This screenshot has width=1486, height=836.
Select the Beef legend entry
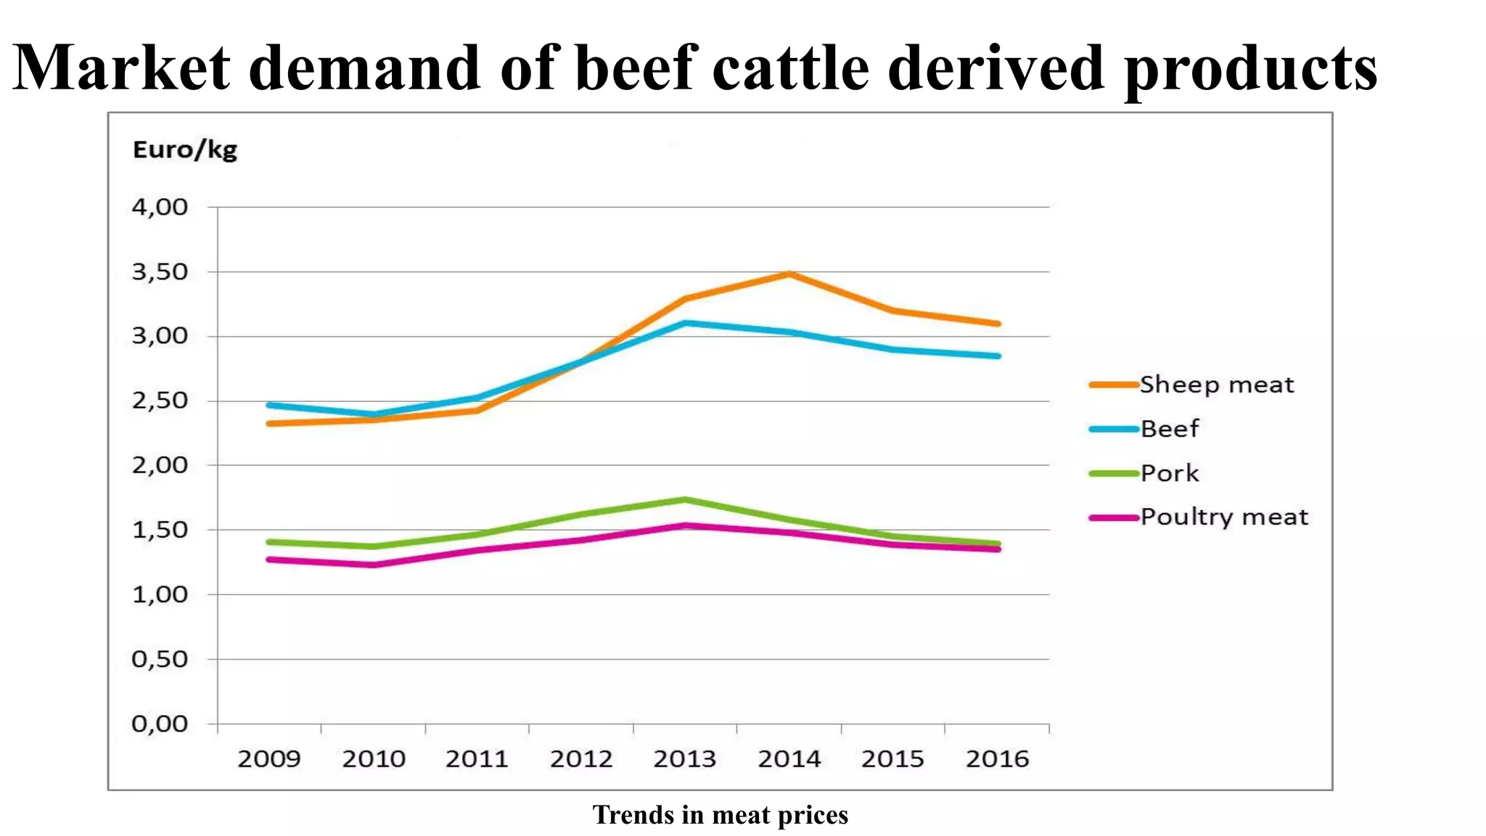coord(1169,429)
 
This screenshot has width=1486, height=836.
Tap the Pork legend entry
coord(1169,473)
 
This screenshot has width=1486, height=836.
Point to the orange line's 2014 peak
coord(789,274)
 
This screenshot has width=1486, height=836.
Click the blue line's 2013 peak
coord(685,322)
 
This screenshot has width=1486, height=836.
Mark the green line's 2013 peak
coord(685,499)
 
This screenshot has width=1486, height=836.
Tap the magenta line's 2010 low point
coord(374,565)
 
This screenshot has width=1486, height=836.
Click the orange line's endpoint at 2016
coord(998,324)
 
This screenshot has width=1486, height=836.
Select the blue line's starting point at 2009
coord(269,405)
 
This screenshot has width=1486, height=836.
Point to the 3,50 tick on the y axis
coord(160,272)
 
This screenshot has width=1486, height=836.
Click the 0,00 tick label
coord(160,724)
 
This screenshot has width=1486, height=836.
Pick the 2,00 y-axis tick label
coord(160,465)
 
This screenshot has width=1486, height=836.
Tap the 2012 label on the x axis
coord(581,759)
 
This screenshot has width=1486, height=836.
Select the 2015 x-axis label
coord(893,759)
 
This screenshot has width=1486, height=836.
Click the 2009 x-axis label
coord(269,759)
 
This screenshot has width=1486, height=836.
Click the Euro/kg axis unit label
coord(185,150)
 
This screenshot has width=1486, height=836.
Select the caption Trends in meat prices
coord(720,815)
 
